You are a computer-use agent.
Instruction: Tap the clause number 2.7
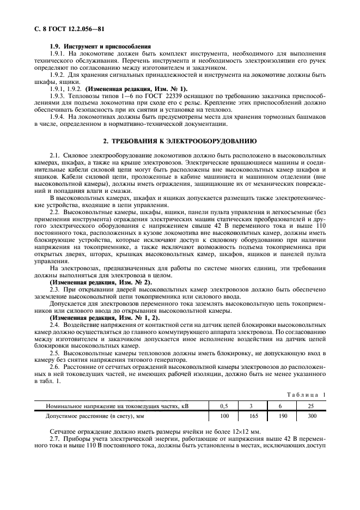54,438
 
